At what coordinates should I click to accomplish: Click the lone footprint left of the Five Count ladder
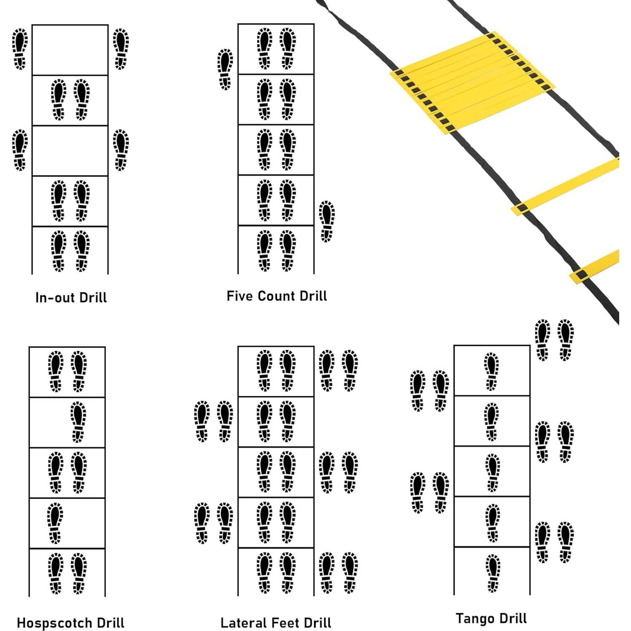coord(225,69)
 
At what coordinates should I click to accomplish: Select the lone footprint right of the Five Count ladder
coord(327,221)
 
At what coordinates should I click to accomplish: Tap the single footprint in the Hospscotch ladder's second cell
coord(78,422)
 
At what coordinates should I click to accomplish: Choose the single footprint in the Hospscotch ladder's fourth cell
coord(55,523)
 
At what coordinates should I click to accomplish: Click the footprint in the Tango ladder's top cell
coord(491,371)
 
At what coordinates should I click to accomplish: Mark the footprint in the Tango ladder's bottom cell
coord(492,573)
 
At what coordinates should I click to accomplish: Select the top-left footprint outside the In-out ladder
coord(19,49)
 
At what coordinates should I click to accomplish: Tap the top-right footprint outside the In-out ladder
coord(121,49)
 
